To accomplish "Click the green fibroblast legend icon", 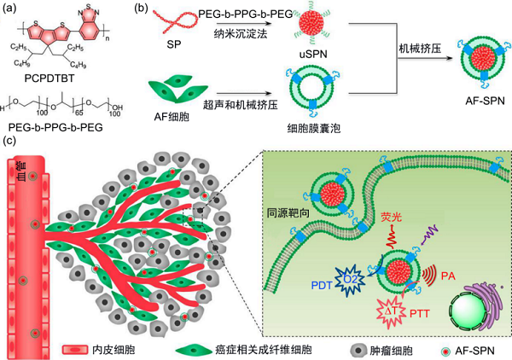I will pyautogui.click(x=192, y=349).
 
